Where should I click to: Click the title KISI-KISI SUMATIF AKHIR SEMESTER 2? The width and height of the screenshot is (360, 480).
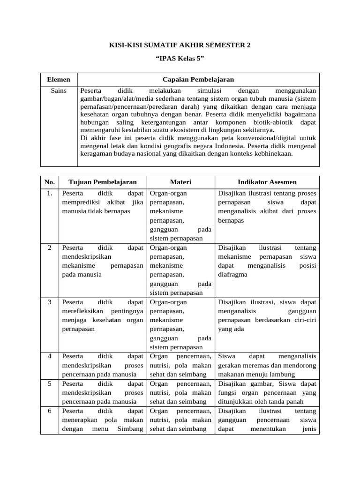click(180, 45)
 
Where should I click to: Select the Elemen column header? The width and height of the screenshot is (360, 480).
click(59, 80)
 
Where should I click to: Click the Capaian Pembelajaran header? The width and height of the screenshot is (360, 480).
click(198, 80)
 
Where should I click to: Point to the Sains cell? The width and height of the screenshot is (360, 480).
click(59, 90)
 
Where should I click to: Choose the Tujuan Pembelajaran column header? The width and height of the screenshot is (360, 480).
click(103, 182)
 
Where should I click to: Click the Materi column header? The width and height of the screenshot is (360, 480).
click(180, 182)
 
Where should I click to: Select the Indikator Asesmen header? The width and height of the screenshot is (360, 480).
click(267, 182)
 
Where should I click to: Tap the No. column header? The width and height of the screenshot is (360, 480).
click(49, 182)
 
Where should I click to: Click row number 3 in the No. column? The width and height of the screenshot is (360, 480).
click(49, 302)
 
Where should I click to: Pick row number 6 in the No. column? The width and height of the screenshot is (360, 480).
click(49, 411)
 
